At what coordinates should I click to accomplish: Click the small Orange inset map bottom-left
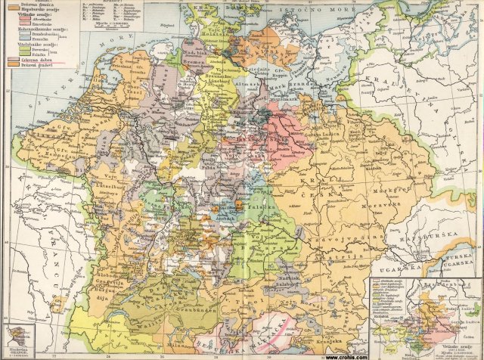click(17, 337)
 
